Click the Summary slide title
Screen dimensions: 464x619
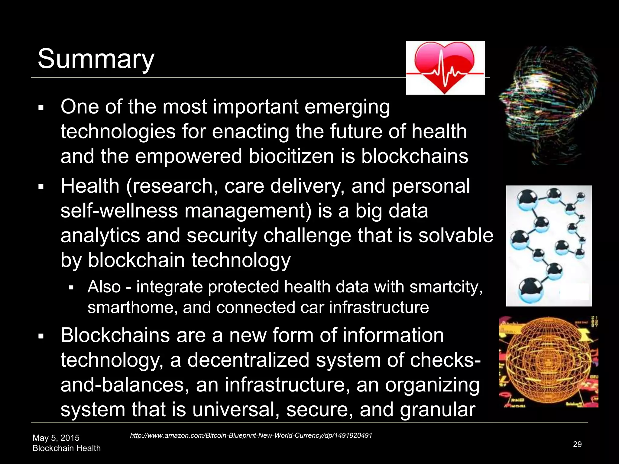pyautogui.click(x=96, y=59)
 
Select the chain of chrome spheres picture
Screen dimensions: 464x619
pyautogui.click(x=549, y=246)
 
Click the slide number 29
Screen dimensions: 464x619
pyautogui.click(x=577, y=444)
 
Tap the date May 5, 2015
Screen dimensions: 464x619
pyautogui.click(x=56, y=438)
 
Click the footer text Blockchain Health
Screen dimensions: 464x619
pyautogui.click(x=66, y=448)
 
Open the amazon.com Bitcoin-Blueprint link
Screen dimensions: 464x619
pyautogui.click(x=251, y=435)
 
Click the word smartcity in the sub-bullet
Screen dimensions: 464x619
pyautogui.click(x=446, y=287)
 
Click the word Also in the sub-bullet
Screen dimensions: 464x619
pyautogui.click(x=104, y=287)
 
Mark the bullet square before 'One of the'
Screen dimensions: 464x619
pyautogui.click(x=41, y=108)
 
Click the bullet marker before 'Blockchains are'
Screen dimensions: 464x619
pyautogui.click(x=41, y=336)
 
